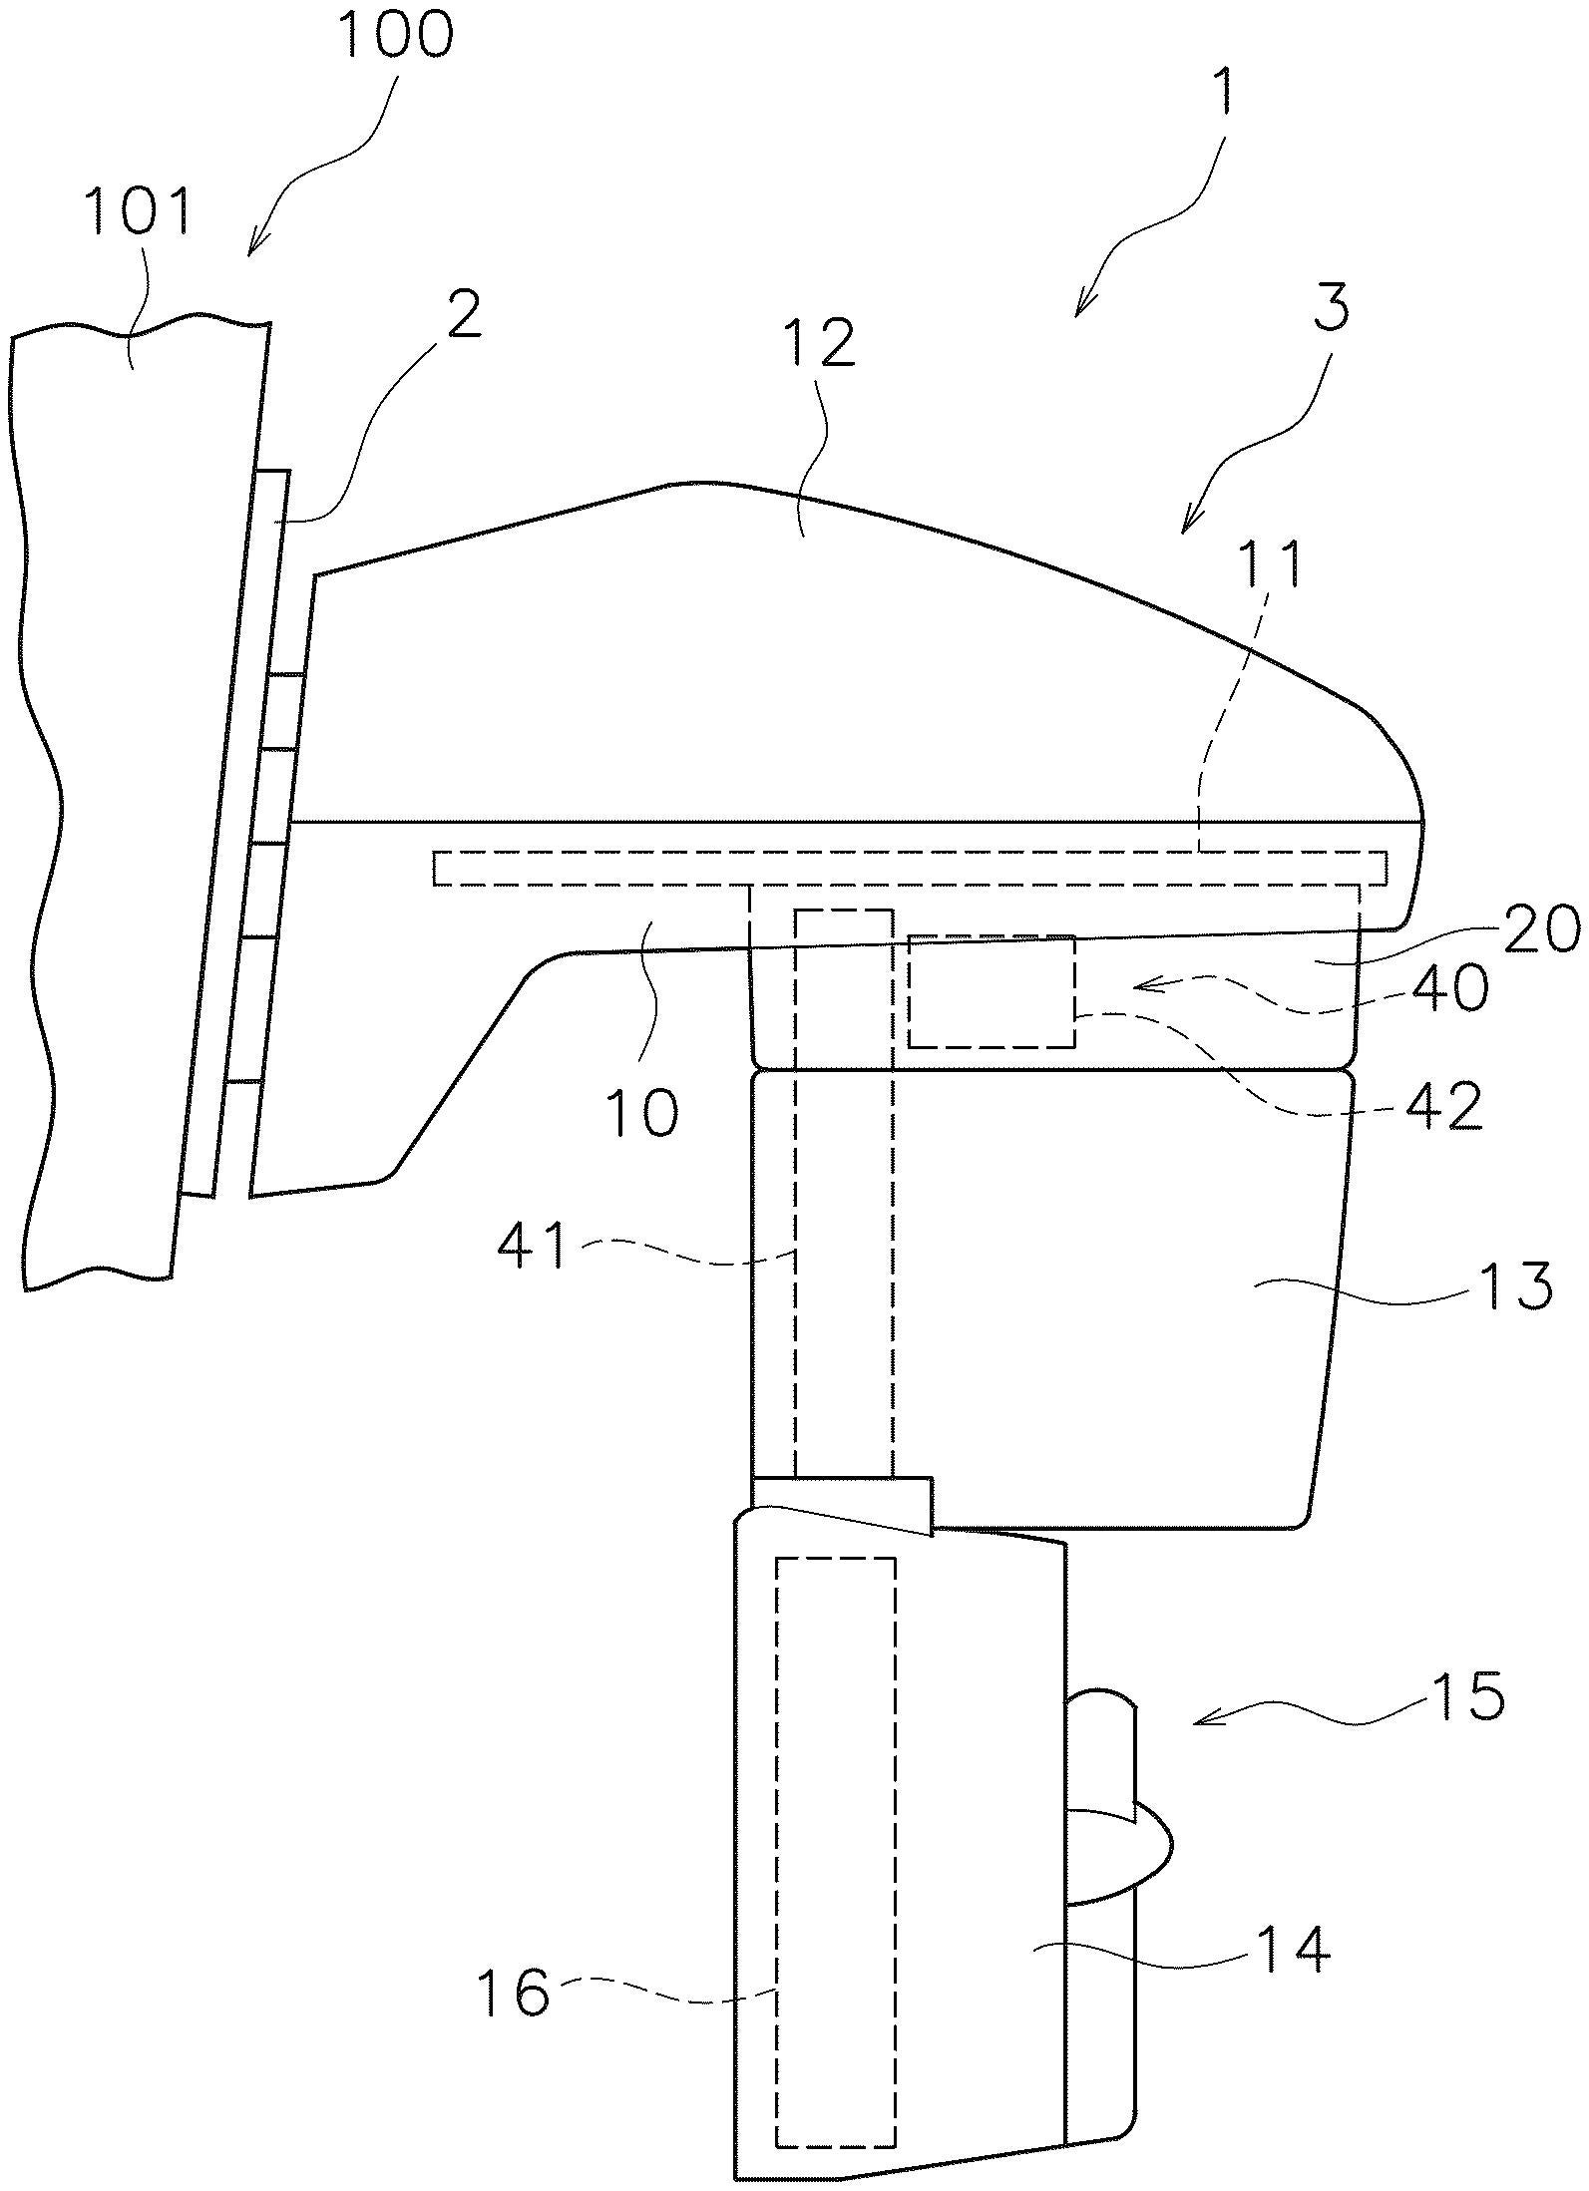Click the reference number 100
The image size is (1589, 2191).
pos(395,35)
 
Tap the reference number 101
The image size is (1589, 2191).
pos(138,211)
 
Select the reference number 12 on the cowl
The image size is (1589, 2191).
pos(819,344)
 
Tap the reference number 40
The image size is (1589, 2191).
pos(1451,990)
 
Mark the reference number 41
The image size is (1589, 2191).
pos(530,1246)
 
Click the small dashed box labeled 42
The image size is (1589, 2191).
pos(991,991)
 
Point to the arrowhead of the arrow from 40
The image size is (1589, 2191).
pos(1136,986)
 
